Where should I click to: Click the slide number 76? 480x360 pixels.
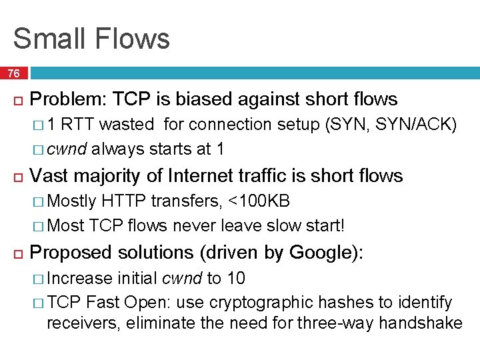(13, 73)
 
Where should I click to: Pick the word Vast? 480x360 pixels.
(51, 175)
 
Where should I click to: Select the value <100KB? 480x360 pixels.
(259, 201)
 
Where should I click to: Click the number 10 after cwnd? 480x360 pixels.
(236, 278)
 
